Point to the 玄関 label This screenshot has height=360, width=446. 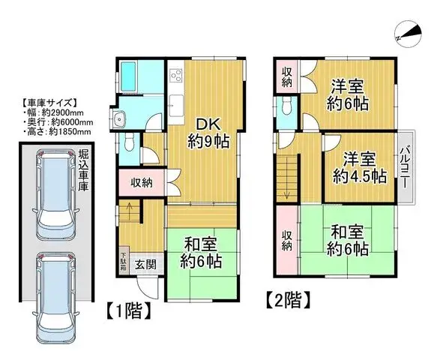pos(145,264)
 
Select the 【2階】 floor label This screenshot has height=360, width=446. pos(288,301)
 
